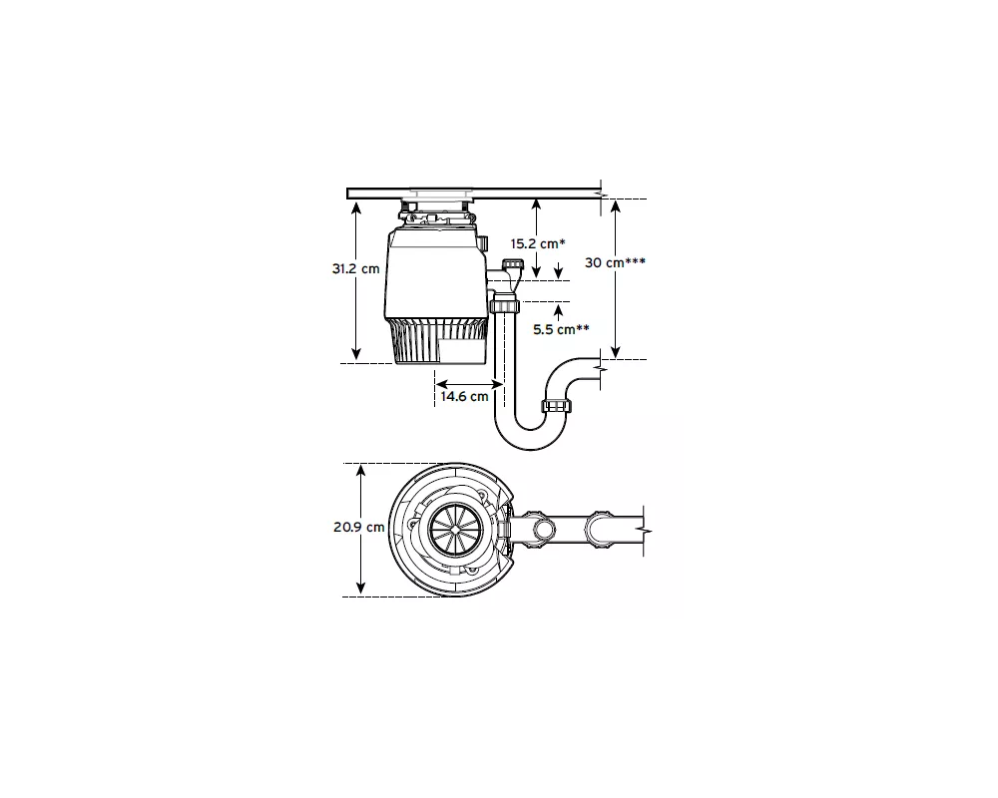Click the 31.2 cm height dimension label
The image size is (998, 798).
coord(356,268)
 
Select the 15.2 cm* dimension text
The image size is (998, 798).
coord(538,243)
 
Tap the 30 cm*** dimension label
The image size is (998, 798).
coord(615,262)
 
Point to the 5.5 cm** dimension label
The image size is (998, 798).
coord(561,329)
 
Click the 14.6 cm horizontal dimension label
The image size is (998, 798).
coord(465,396)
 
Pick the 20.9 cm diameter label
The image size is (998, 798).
coord(359,527)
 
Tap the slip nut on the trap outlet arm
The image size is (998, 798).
coord(558,405)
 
